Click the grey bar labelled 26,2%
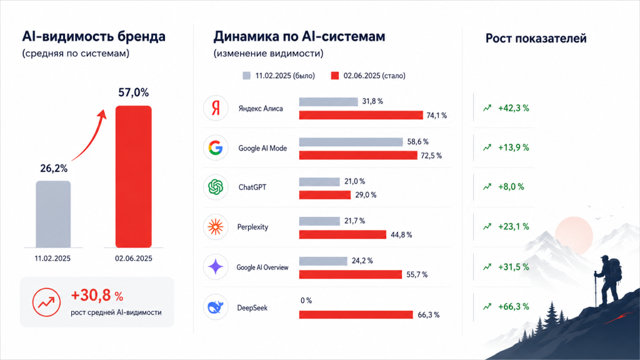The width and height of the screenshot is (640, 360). [x=53, y=214]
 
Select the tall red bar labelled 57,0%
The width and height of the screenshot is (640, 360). [x=134, y=177]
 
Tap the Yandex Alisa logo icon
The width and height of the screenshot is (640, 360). [x=216, y=108]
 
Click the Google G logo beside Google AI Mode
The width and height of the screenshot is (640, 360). [x=216, y=147]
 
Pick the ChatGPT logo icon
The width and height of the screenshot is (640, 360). [x=216, y=187]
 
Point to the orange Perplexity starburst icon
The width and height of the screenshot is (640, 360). [x=216, y=227]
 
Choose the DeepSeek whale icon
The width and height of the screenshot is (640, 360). [x=216, y=307]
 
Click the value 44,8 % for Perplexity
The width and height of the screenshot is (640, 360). [x=401, y=235]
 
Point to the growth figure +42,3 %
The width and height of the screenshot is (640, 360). [x=514, y=108]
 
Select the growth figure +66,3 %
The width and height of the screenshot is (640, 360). [x=514, y=306]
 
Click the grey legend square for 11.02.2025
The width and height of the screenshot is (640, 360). [x=246, y=76]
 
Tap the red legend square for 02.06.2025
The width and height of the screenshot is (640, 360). [x=335, y=76]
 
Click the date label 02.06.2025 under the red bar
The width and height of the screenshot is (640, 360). [x=134, y=258]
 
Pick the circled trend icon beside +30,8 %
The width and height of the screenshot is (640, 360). [x=46, y=302]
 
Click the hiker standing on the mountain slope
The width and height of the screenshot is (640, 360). [x=609, y=282]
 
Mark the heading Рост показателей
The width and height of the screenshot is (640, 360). [x=536, y=38]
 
